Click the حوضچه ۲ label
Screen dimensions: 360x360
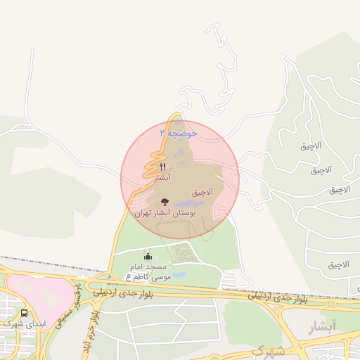click(179, 133)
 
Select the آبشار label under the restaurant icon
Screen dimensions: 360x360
click(163, 179)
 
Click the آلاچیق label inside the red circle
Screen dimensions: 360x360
click(202, 192)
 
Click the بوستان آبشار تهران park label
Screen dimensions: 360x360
click(168, 212)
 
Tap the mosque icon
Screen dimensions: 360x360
click(148, 257)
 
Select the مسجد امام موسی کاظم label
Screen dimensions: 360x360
click(149, 273)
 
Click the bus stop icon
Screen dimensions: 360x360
click(25, 313)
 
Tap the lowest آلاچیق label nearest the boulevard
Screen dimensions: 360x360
click(338, 265)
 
